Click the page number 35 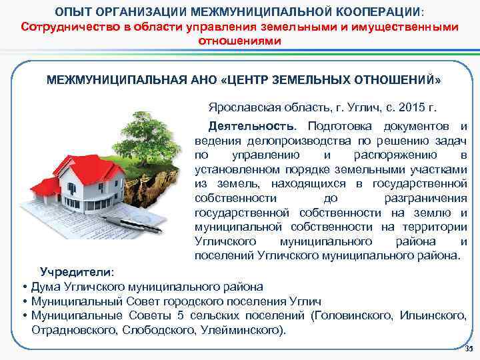pyautogui.click(x=467, y=349)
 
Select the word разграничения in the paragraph pyautogui.click(x=425, y=199)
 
